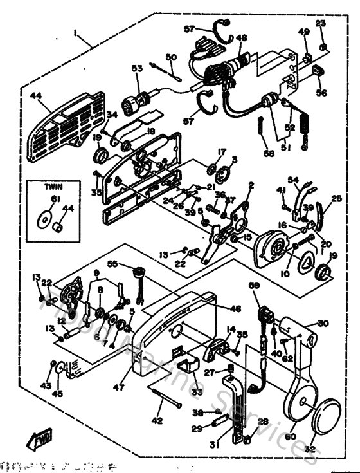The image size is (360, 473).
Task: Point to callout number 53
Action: [x=136, y=68]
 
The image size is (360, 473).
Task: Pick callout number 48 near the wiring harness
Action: [x=241, y=38]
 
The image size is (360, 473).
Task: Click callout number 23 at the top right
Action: [x=321, y=24]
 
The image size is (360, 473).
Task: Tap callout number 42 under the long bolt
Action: [x=156, y=420]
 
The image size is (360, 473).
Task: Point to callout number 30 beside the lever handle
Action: [x=322, y=324]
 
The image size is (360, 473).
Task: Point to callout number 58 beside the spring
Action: [x=268, y=153]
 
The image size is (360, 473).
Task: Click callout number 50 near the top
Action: [x=170, y=58]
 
